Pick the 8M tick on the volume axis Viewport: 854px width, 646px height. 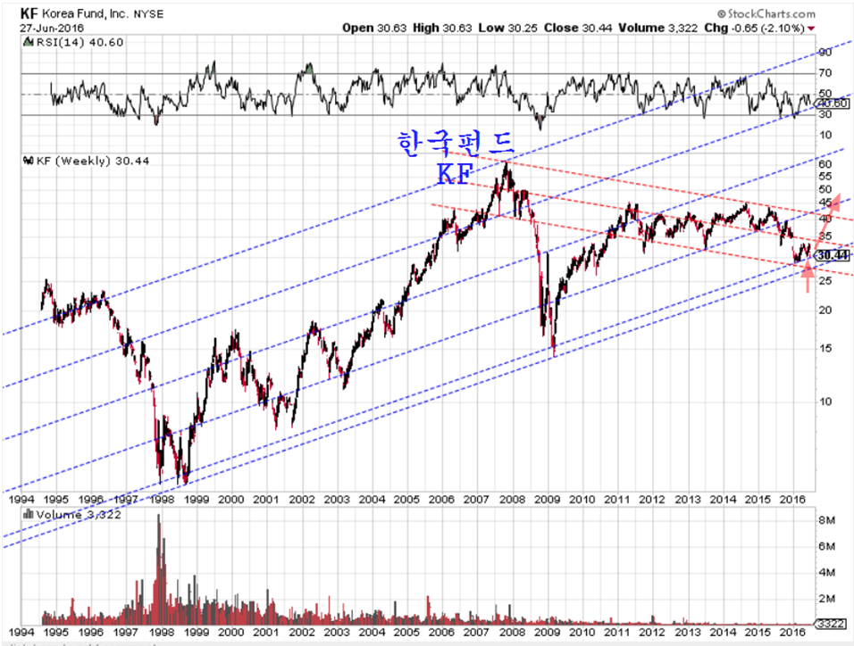(826, 519)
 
